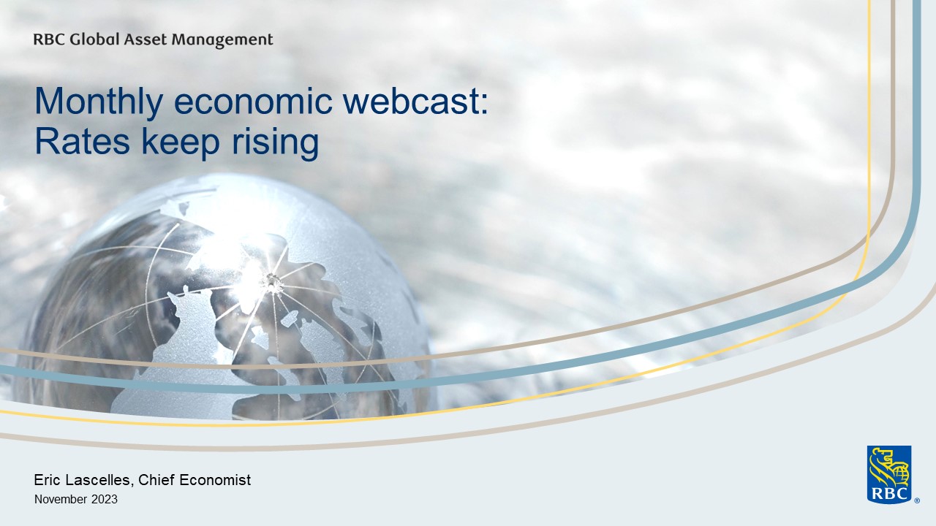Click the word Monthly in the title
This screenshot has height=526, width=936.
point(99,102)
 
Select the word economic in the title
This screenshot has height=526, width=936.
point(253,102)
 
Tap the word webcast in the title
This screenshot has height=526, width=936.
point(411,102)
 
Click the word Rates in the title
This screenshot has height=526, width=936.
point(83,141)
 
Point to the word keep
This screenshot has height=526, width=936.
point(181,143)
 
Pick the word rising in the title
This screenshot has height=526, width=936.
point(275,143)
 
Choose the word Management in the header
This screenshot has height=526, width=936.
point(222,40)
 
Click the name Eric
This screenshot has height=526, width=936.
point(46,480)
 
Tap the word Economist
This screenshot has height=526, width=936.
point(215,480)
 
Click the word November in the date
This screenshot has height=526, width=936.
point(61,499)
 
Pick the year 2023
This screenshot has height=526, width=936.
point(105,499)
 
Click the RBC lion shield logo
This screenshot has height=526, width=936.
point(889,475)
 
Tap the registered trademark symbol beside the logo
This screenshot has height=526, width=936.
point(917,500)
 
